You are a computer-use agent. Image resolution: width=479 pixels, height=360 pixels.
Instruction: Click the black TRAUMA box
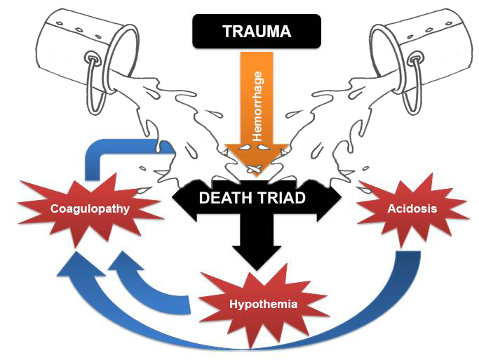pyautogui.click(x=257, y=32)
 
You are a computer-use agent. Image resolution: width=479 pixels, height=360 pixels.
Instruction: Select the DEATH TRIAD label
pyautogui.click(x=252, y=198)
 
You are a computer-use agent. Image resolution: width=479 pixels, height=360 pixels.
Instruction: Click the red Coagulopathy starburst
pyautogui.click(x=89, y=208)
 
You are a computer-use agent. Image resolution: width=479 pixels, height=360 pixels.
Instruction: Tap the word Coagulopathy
pyautogui.click(x=89, y=208)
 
